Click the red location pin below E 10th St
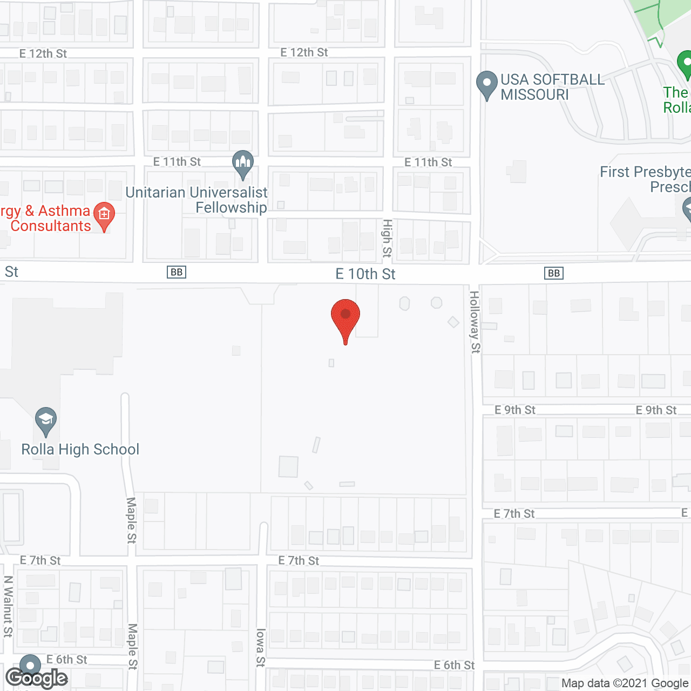(x=345, y=319)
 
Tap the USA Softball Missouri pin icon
(x=486, y=84)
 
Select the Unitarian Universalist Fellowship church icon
(x=243, y=163)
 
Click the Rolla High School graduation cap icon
(x=46, y=420)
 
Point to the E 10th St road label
(x=365, y=274)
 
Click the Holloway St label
(x=475, y=322)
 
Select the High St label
(x=387, y=238)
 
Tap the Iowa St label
(x=261, y=647)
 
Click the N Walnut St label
(x=8, y=606)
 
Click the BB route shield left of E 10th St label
(x=177, y=272)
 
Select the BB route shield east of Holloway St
(x=554, y=273)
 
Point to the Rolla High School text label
(x=80, y=449)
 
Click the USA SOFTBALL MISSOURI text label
(x=552, y=87)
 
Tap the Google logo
(x=37, y=678)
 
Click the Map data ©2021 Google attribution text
(x=625, y=683)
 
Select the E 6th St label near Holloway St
(x=454, y=665)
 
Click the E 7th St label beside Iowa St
(x=299, y=561)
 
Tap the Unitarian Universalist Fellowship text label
(x=197, y=200)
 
